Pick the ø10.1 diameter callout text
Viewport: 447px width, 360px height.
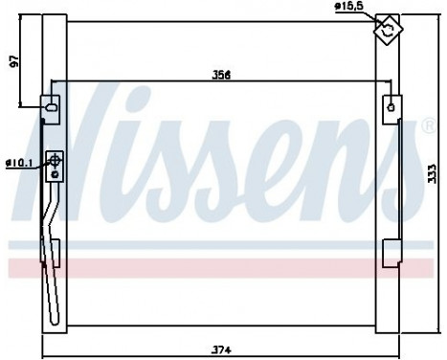pos(18,164)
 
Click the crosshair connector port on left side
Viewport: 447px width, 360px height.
pos(56,165)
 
